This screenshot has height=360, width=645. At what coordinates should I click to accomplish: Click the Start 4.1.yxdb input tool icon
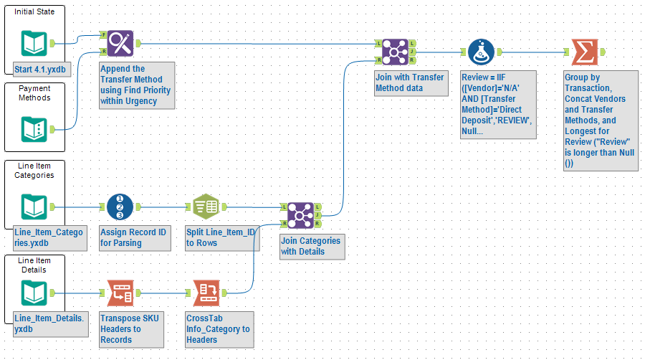point(34,44)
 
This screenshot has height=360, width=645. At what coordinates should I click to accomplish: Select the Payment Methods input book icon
point(34,129)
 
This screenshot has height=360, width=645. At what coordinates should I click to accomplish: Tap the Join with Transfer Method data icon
point(394,52)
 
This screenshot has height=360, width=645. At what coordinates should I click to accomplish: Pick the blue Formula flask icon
point(481,52)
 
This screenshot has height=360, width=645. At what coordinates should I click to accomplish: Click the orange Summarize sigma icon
point(584,52)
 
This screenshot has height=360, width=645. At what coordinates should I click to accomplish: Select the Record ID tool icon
point(120,207)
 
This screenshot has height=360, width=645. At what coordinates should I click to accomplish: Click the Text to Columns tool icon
point(206,207)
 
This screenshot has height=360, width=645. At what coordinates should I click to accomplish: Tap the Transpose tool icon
point(120,293)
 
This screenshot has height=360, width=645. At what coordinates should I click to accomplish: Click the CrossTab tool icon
point(206,293)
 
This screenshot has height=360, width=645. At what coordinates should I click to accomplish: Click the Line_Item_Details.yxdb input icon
point(34,293)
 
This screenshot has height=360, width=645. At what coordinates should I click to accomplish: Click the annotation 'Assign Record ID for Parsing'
point(135,238)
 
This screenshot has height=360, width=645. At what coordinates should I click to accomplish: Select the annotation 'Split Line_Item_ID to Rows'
point(219,238)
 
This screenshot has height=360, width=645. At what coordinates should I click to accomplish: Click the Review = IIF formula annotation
point(497,104)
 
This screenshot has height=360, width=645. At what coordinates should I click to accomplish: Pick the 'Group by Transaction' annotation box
point(600,120)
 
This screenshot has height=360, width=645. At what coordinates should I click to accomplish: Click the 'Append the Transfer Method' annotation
point(137,85)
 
